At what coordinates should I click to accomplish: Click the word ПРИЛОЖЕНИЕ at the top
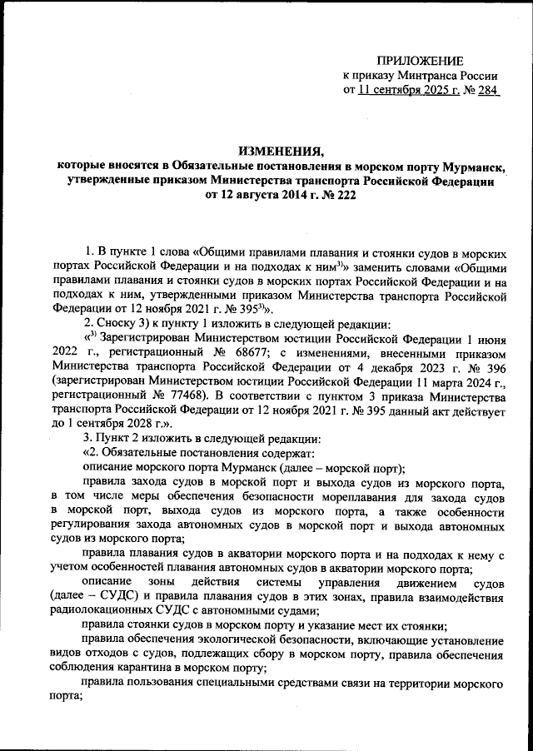(x=420, y=59)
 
